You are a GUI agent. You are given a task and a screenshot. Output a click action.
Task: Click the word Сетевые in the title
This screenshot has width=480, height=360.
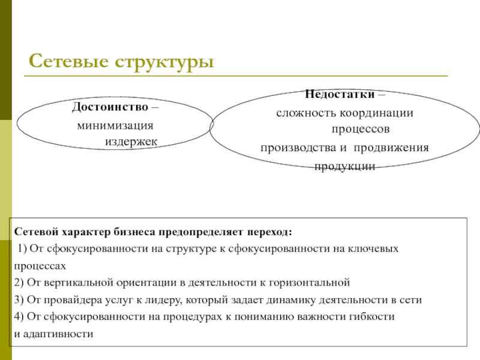click(65, 61)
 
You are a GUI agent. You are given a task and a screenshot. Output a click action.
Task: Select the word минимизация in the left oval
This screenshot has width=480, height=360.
click(115, 126)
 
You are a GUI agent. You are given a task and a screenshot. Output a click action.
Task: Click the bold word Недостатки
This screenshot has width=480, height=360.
click(340, 95)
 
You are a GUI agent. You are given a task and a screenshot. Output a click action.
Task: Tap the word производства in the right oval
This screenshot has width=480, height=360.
click(291, 148)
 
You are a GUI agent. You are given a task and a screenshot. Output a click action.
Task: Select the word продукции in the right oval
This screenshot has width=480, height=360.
click(346, 166)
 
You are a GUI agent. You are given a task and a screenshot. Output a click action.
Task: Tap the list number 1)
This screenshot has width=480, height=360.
click(22, 248)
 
